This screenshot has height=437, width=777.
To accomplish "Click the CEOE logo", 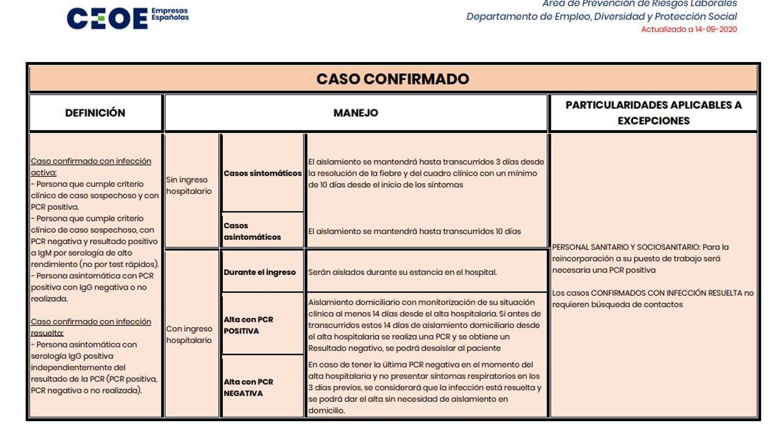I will click(107, 18).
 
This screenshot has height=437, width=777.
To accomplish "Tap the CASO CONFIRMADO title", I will click(393, 79).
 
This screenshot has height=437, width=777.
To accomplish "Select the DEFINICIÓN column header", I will click(95, 113).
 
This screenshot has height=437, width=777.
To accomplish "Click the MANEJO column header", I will click(355, 113).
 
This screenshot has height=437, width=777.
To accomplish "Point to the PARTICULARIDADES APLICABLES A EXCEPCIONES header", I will click(653, 113).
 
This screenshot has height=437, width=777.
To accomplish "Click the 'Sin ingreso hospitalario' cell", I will click(189, 185).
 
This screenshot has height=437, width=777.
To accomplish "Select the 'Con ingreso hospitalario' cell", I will click(189, 334).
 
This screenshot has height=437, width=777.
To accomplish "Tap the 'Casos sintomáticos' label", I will click(262, 173).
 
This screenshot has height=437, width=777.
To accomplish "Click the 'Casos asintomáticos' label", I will click(252, 231).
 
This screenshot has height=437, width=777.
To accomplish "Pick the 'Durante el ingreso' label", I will click(259, 272).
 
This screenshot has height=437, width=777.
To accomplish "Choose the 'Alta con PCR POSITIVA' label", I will click(248, 325).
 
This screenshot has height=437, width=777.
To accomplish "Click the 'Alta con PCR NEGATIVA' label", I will click(248, 387).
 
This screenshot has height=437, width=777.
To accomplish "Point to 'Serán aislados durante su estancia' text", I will click(402, 272).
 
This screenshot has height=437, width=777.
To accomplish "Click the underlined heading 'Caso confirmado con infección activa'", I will click(91, 167).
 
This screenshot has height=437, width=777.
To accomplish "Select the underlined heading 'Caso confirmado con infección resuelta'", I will click(91, 327).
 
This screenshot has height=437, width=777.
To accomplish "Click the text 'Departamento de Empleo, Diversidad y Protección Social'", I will click(601, 17).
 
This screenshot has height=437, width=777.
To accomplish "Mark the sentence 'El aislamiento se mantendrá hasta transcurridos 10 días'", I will click(414, 231).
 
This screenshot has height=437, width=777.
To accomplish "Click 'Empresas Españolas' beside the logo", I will click(170, 14).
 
